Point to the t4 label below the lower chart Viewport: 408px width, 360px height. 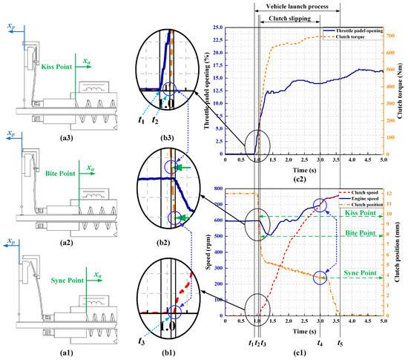pyautogui.click(x=320, y=344)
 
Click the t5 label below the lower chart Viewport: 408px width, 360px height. pyautogui.click(x=340, y=344)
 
